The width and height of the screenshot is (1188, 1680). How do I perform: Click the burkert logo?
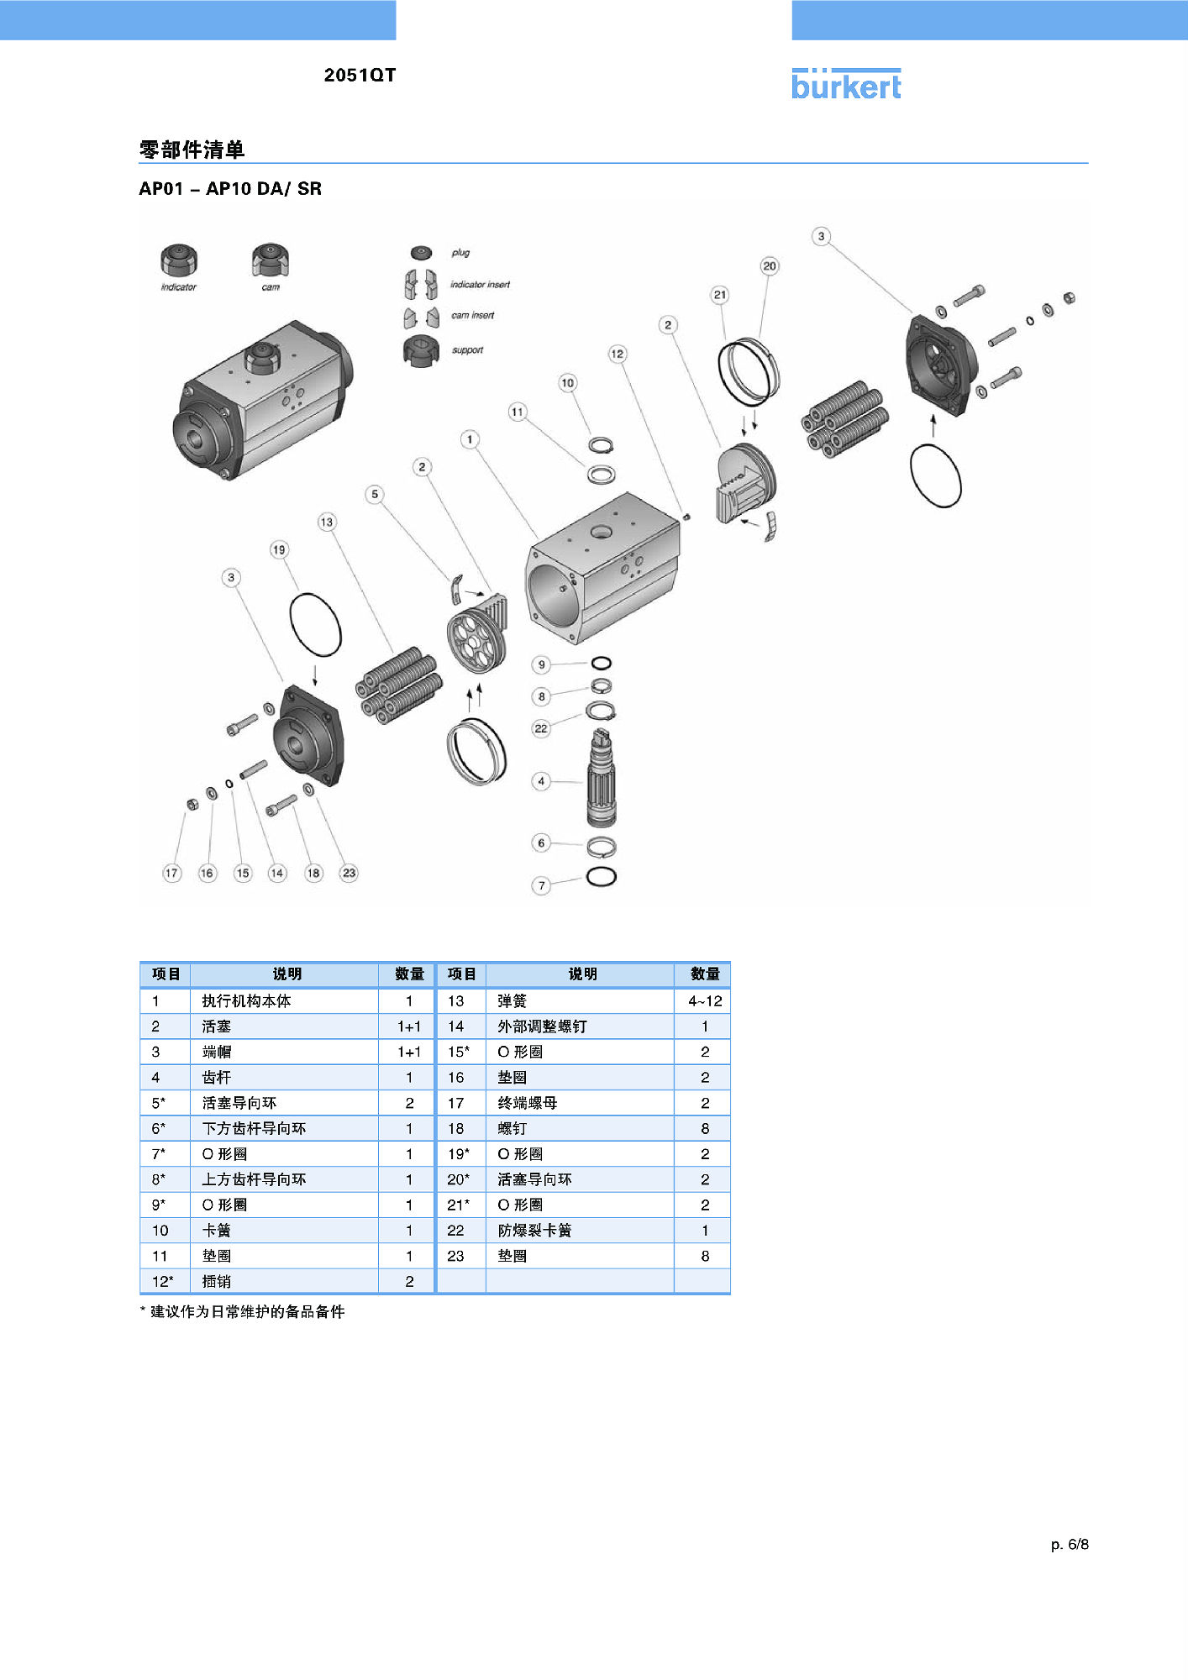point(846,85)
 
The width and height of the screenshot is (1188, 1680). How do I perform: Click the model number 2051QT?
point(360,75)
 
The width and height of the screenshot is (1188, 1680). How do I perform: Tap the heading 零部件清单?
point(192,150)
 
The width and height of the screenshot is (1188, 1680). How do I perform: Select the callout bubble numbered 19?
point(279,550)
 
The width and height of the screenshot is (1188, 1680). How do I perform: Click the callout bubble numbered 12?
point(618,354)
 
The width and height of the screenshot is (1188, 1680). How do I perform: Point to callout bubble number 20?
point(770,266)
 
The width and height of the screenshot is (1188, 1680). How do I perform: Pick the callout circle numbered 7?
point(542,885)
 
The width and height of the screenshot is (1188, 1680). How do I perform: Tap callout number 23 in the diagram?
point(349,873)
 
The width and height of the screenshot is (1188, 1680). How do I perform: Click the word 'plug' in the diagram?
point(460,253)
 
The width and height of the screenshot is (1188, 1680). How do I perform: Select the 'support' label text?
point(467,350)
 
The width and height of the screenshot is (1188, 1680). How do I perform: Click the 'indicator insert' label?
point(480,285)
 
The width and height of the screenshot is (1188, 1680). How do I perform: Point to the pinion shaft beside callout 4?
point(602,779)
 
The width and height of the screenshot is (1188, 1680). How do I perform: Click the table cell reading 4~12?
point(705,1001)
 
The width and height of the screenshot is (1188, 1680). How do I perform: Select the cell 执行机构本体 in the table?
point(246,1001)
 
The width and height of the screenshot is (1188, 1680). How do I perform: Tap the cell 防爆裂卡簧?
point(534,1231)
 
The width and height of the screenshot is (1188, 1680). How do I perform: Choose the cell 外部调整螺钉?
point(542,1026)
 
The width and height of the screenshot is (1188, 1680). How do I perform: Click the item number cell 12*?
point(162,1282)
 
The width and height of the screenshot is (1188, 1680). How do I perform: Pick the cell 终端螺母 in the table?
point(527,1103)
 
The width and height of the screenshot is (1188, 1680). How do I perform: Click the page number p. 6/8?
point(1070,1544)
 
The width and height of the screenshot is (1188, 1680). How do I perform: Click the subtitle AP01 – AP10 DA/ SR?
point(230,189)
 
